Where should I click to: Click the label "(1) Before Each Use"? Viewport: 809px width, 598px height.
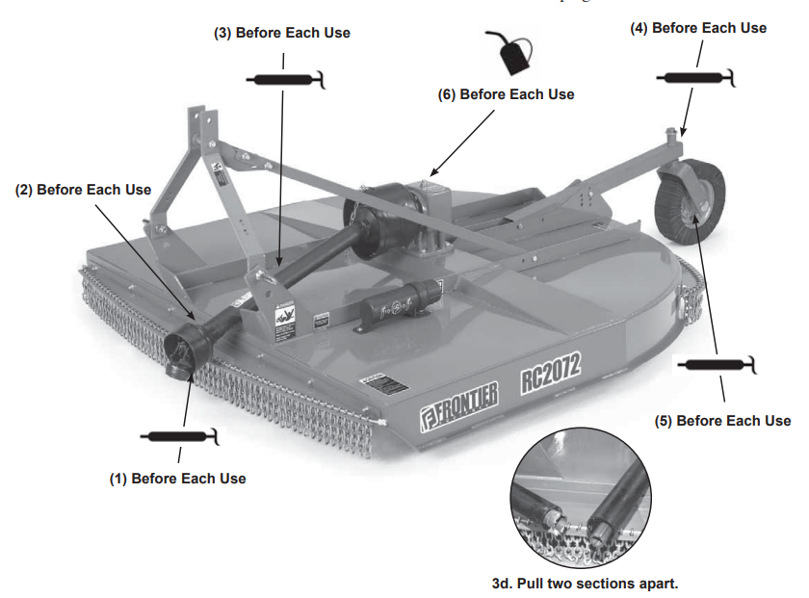pos(176,479)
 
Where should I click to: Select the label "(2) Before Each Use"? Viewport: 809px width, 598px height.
pos(83,190)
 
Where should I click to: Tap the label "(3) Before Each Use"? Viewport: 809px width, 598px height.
pos(281,33)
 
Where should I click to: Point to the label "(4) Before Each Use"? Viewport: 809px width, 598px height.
pos(698,28)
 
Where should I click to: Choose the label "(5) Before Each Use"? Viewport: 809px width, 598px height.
pos(722,421)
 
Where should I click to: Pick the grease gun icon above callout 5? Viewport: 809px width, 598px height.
pos(717,365)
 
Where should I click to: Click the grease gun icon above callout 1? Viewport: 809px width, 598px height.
pos(179,437)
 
